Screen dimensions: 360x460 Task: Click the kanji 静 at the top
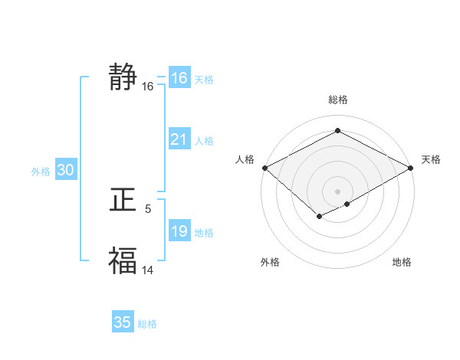tap(123, 77)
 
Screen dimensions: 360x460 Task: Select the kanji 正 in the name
tap(123, 200)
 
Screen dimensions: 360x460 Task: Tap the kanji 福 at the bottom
tap(123, 260)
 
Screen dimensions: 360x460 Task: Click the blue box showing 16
tap(179, 78)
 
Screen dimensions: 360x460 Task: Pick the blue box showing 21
tap(179, 139)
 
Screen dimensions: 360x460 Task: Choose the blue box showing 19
tap(179, 231)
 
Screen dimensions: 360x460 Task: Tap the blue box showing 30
tap(65, 171)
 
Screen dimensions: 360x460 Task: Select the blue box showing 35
tap(123, 322)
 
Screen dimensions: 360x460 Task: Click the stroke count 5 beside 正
tap(148, 208)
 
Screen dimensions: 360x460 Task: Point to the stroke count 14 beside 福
tap(148, 269)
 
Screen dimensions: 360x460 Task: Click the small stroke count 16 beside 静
tap(148, 87)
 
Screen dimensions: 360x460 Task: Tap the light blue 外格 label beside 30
tap(41, 172)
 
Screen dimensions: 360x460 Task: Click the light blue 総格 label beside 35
tap(147, 324)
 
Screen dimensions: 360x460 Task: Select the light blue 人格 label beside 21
tap(204, 141)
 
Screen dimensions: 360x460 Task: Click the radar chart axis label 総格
tap(337, 100)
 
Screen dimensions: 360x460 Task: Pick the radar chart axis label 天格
tap(432, 159)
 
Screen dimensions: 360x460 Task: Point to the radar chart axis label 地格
tap(402, 262)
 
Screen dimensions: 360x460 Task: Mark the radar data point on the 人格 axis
tap(264, 168)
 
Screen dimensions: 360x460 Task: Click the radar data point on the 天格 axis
tap(412, 168)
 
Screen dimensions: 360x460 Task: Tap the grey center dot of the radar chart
tap(337, 191)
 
